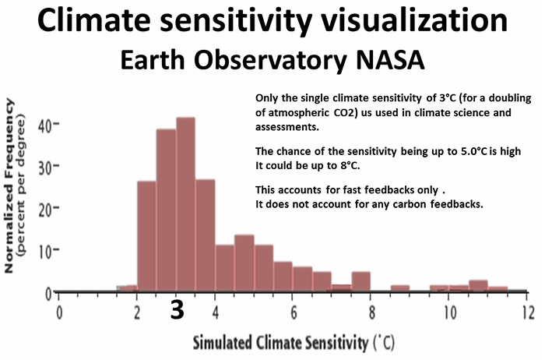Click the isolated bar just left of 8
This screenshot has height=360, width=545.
360,281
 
